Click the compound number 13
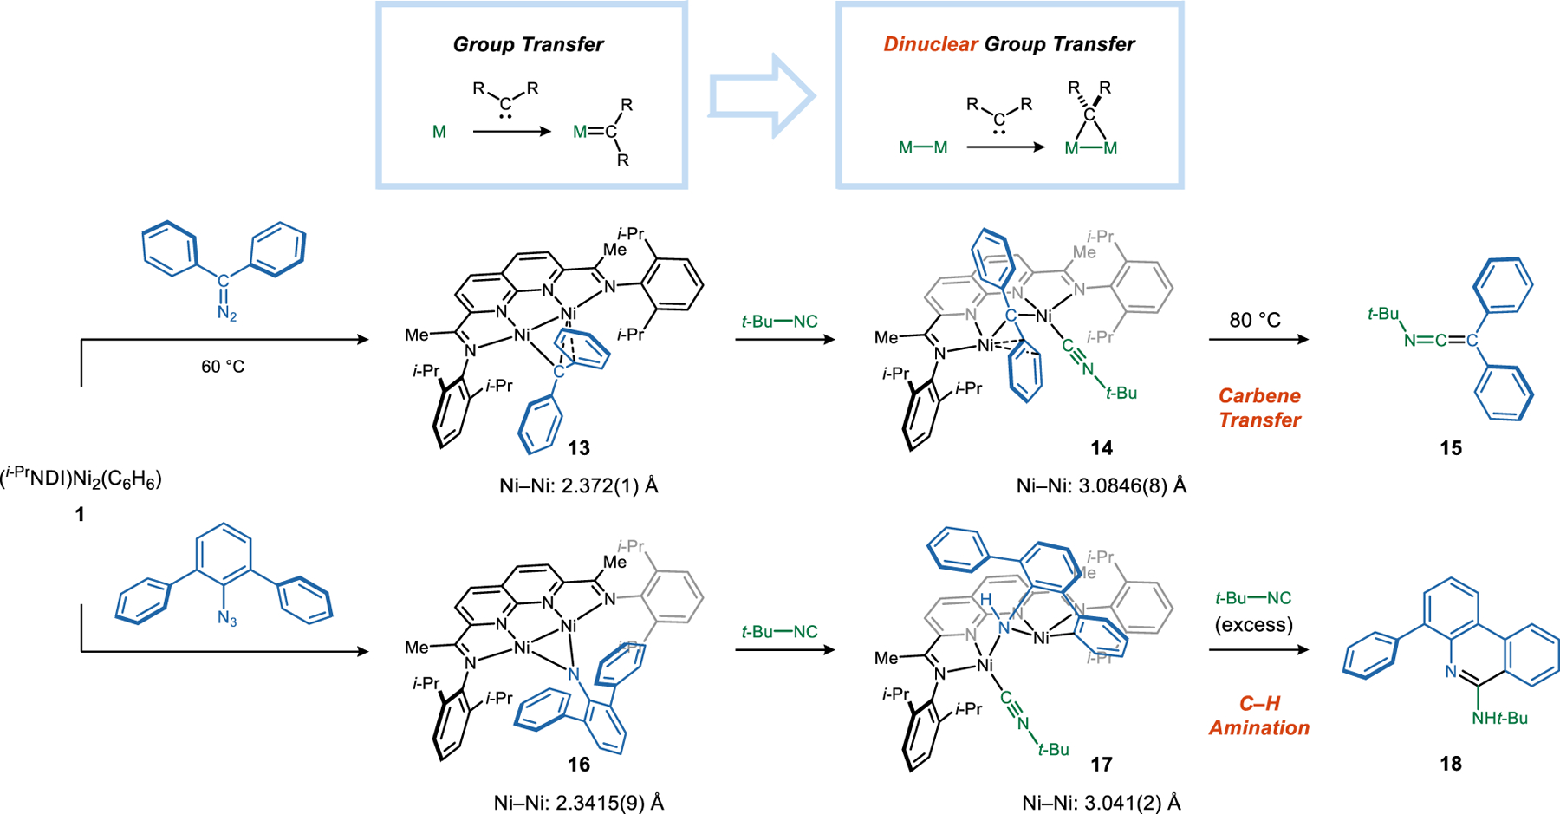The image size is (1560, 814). point(579,448)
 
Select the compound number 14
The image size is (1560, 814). point(1101,448)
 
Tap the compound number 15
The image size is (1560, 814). point(1451,448)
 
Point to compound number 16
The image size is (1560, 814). point(579,764)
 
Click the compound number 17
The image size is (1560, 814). point(1101,764)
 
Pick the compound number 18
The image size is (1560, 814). point(1451,764)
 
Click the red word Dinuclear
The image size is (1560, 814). point(930,44)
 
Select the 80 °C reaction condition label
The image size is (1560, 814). point(1254,320)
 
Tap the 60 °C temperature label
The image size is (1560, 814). point(223,367)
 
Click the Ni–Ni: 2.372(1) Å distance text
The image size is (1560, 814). point(578,485)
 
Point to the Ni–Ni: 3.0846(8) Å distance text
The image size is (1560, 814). point(1101,485)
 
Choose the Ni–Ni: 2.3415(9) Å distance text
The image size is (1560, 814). point(578,803)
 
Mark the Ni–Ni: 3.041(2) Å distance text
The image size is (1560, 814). point(1101,803)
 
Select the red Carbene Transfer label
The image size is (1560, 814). point(1259,407)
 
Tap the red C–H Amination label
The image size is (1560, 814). point(1258,715)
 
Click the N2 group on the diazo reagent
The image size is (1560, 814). point(226,313)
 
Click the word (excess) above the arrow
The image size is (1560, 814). point(1253,624)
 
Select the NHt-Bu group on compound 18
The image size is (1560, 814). point(1498,718)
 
